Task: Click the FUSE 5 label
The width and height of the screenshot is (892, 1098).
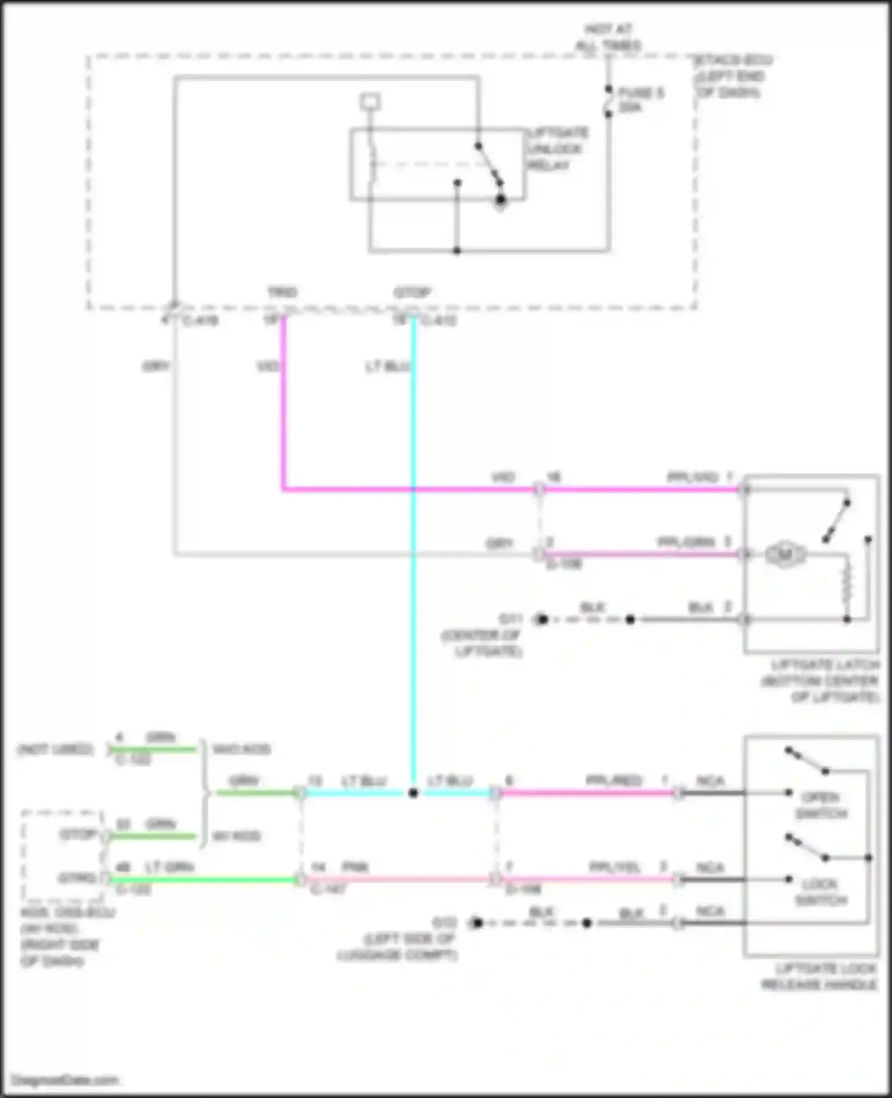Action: pos(640,100)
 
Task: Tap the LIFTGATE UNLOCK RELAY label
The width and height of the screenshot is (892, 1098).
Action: pos(557,149)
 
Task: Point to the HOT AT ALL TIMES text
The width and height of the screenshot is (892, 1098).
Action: pos(608,37)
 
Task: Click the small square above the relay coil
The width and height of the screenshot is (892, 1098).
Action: pos(370,102)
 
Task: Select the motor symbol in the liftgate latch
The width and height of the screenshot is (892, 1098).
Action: pos(784,555)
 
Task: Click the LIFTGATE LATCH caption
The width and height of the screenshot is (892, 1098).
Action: pos(821,681)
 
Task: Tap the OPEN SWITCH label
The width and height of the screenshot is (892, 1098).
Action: pos(821,805)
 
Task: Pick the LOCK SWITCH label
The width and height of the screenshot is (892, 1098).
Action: pos(821,892)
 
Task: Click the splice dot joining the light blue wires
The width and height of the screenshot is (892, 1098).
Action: pos(413,793)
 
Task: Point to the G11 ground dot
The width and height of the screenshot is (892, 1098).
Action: pos(541,620)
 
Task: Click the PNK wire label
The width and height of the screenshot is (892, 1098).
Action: pos(355,868)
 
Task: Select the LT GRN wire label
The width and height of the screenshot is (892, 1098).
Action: pos(169,868)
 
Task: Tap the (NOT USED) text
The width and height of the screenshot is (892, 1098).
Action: pos(55,749)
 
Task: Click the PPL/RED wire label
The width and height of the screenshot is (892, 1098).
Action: pos(613,781)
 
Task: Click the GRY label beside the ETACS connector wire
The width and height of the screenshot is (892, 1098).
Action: pos(156,366)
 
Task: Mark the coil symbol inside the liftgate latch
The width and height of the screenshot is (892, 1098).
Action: pos(847,583)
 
